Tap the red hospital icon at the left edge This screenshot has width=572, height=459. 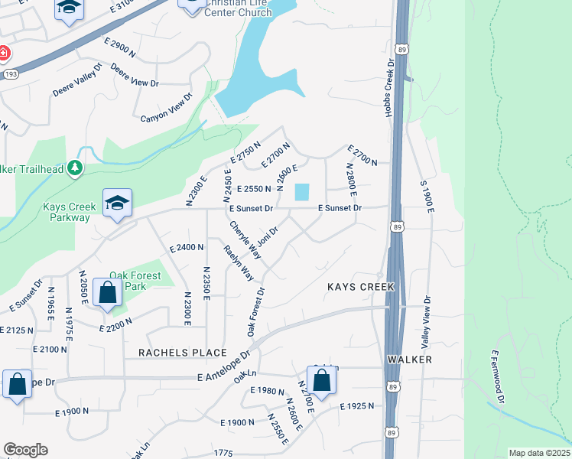[x=3, y=53]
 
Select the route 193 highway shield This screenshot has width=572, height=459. [x=9, y=74]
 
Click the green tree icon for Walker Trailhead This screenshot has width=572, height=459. [x=74, y=168]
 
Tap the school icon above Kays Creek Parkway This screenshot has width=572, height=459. [x=117, y=203]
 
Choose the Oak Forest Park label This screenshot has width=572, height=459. [x=135, y=281]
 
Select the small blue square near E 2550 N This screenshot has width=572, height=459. [x=303, y=191]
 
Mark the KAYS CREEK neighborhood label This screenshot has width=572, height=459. [x=360, y=287]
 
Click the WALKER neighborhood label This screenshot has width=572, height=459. [x=410, y=359]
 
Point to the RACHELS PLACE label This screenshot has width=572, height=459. [x=183, y=353]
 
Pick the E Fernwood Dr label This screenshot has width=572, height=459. [x=498, y=376]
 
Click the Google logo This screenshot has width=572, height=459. [x=25, y=449]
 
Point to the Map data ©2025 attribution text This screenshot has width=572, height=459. [x=538, y=453]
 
